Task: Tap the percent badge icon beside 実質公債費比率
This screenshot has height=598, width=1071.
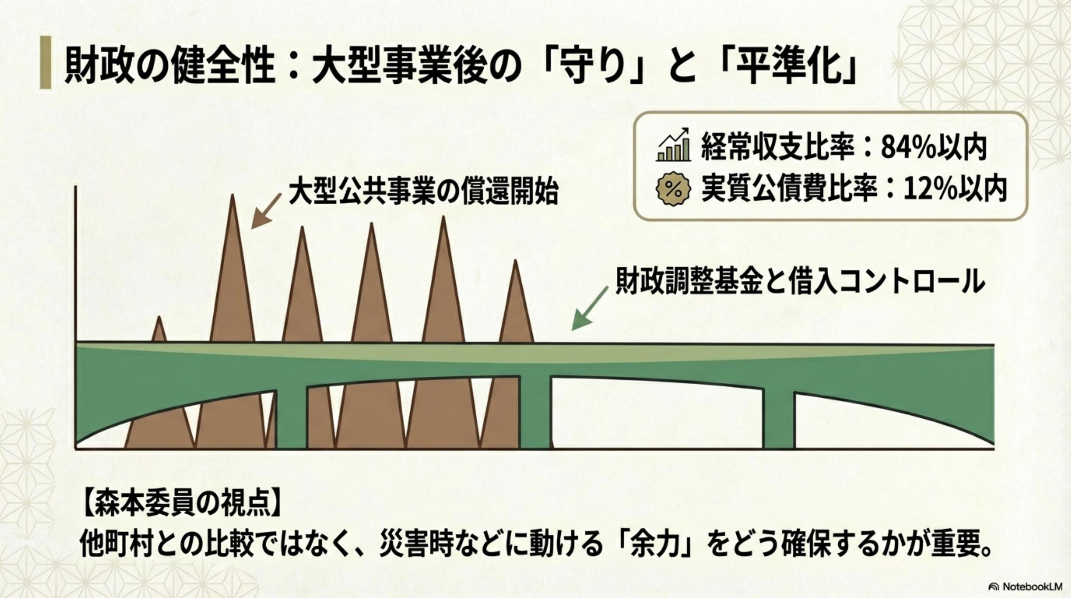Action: tap(673, 189)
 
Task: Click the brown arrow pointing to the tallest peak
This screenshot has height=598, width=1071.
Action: tap(266, 211)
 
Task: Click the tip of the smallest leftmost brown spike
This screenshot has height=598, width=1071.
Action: tap(159, 317)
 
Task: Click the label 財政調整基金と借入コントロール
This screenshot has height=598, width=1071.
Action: tap(800, 281)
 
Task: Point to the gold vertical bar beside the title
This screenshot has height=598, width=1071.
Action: tap(45, 62)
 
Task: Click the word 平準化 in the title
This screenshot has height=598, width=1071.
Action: tap(803, 67)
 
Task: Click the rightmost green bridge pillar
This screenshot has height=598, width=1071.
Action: tap(779, 420)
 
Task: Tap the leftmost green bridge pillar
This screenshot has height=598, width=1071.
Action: tap(291, 418)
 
